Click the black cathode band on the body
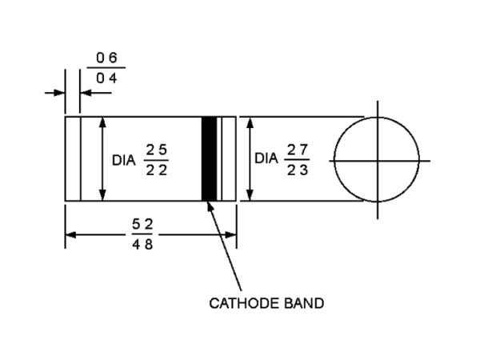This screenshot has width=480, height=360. [x=209, y=158]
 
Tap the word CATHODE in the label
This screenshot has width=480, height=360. [x=245, y=303]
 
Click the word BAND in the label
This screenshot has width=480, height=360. [x=304, y=303]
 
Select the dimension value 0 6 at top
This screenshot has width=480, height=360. [x=106, y=58]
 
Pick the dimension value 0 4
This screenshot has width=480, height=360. [x=106, y=78]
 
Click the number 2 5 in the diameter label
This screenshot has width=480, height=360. [x=157, y=150]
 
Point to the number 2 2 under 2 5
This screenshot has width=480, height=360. [x=157, y=170]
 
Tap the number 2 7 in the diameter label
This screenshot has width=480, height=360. [x=298, y=150]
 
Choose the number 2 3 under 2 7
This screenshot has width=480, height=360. [x=298, y=170]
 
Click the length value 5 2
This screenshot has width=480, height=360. [x=142, y=225]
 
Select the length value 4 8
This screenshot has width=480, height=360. [x=142, y=245]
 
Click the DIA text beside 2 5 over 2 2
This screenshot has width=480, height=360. [x=124, y=161]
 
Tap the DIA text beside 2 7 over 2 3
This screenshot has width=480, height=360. [x=266, y=158]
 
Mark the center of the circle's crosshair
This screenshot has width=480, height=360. [x=378, y=161]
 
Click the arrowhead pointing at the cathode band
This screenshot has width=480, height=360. [x=210, y=206]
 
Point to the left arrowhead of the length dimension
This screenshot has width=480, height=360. [x=70, y=235]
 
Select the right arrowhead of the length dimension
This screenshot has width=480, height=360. [x=230, y=235]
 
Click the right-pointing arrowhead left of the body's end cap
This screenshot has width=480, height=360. [x=59, y=93]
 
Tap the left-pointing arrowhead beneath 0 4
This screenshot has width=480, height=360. [x=86, y=93]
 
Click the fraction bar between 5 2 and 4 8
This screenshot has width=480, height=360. [x=142, y=234]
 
